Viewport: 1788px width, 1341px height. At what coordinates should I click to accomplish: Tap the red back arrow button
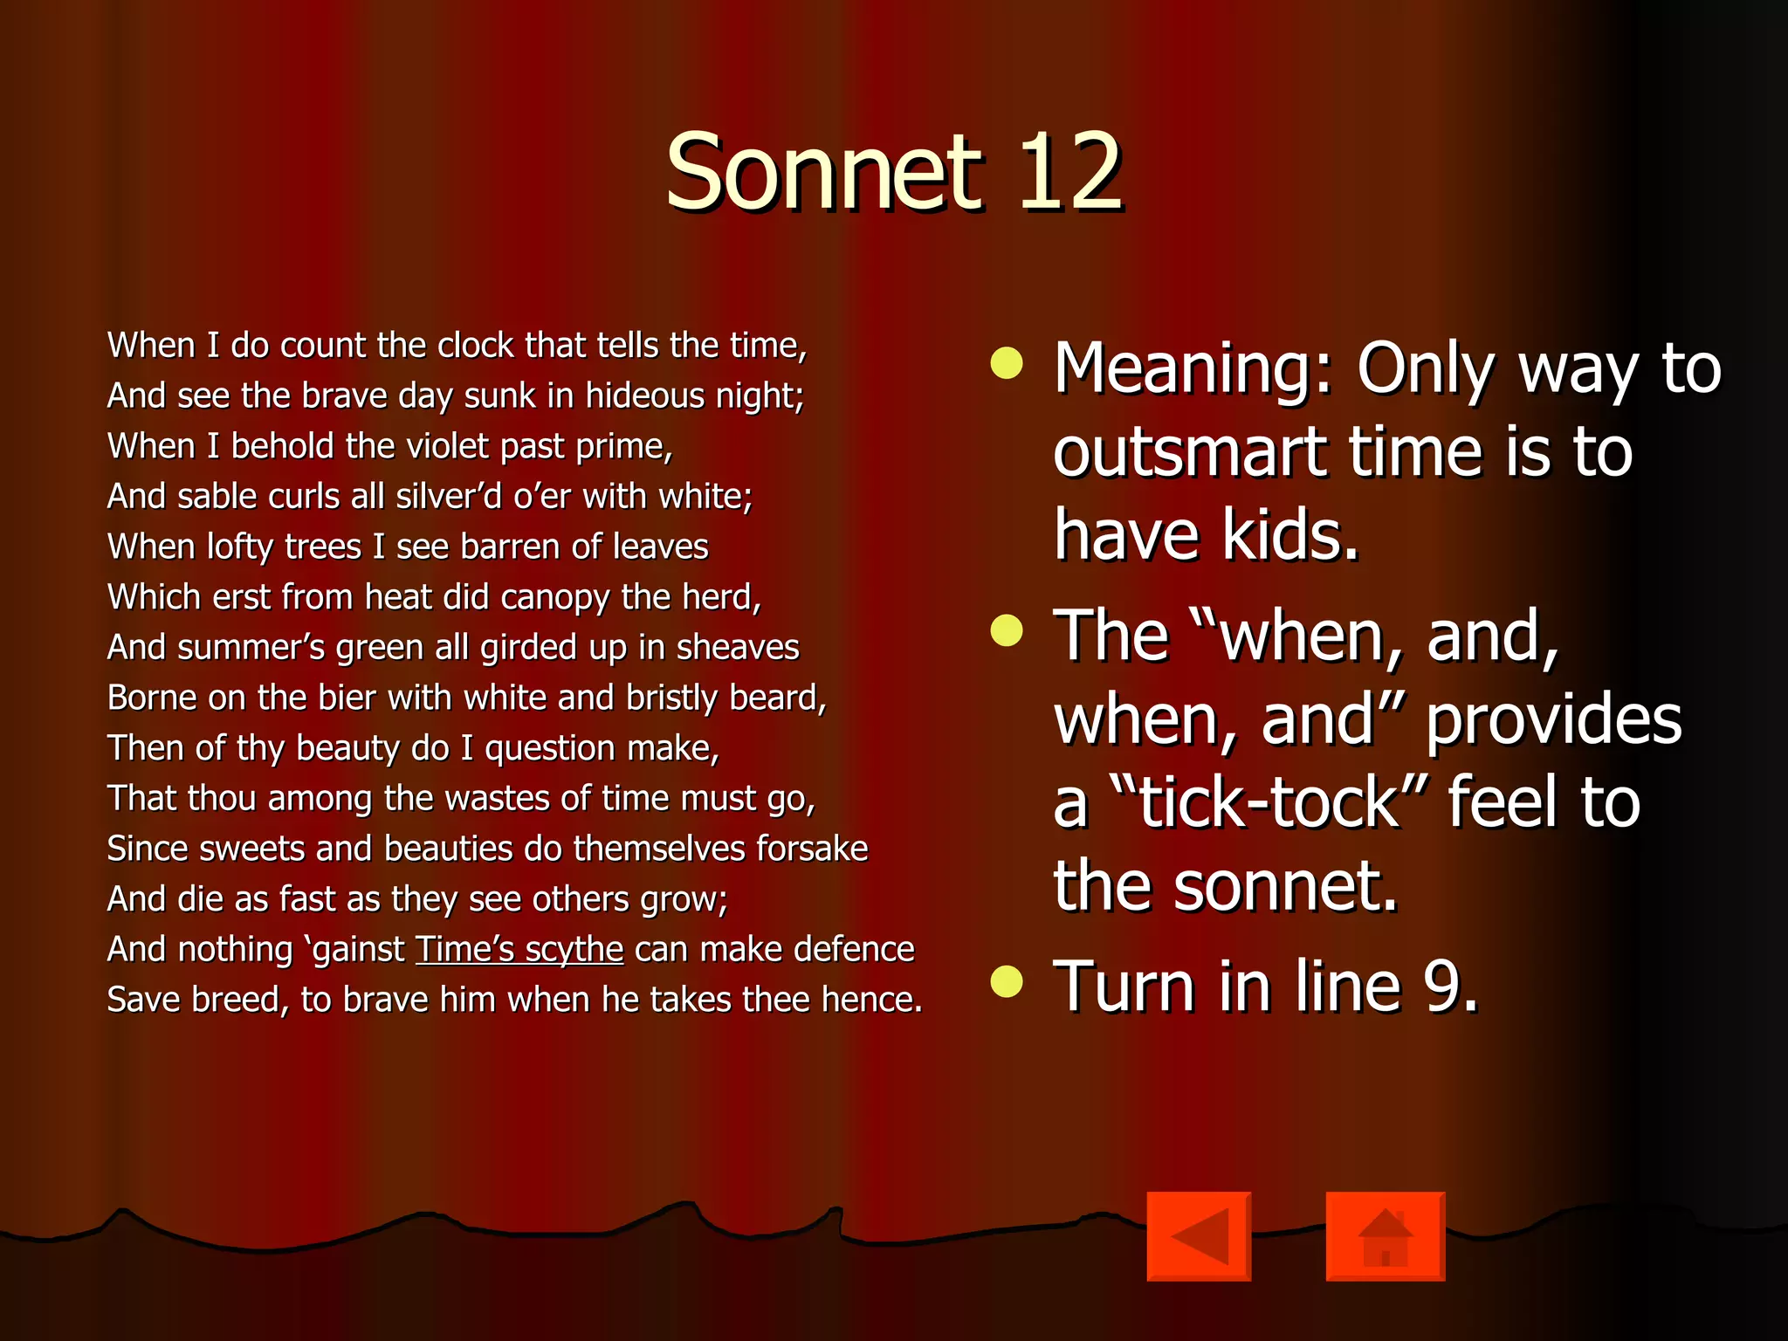pos(1199,1236)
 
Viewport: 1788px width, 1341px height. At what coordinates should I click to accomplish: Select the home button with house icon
pos(1385,1236)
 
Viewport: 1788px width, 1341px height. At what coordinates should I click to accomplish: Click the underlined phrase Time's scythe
pos(519,950)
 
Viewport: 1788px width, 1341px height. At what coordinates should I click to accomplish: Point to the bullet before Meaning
pos(1007,364)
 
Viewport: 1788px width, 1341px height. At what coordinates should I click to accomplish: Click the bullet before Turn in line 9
pos(1007,981)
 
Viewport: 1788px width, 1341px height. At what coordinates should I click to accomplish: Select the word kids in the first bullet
pos(1289,535)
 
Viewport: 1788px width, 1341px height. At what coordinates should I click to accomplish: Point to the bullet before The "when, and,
pos(1007,630)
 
